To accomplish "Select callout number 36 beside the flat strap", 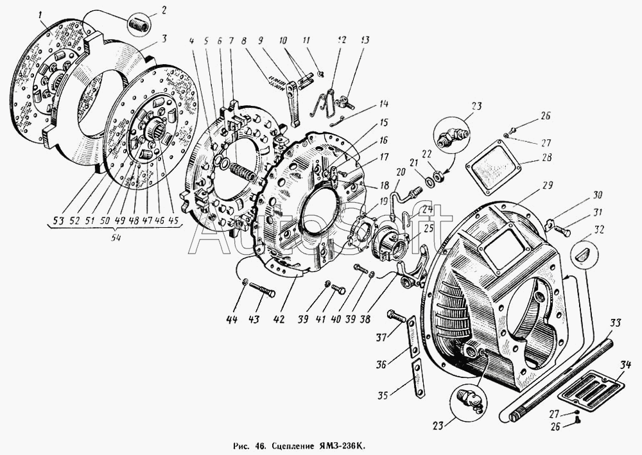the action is pyautogui.click(x=381, y=363).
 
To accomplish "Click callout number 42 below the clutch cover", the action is pyautogui.click(x=279, y=319).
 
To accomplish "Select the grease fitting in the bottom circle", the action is pyautogui.click(x=472, y=400).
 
